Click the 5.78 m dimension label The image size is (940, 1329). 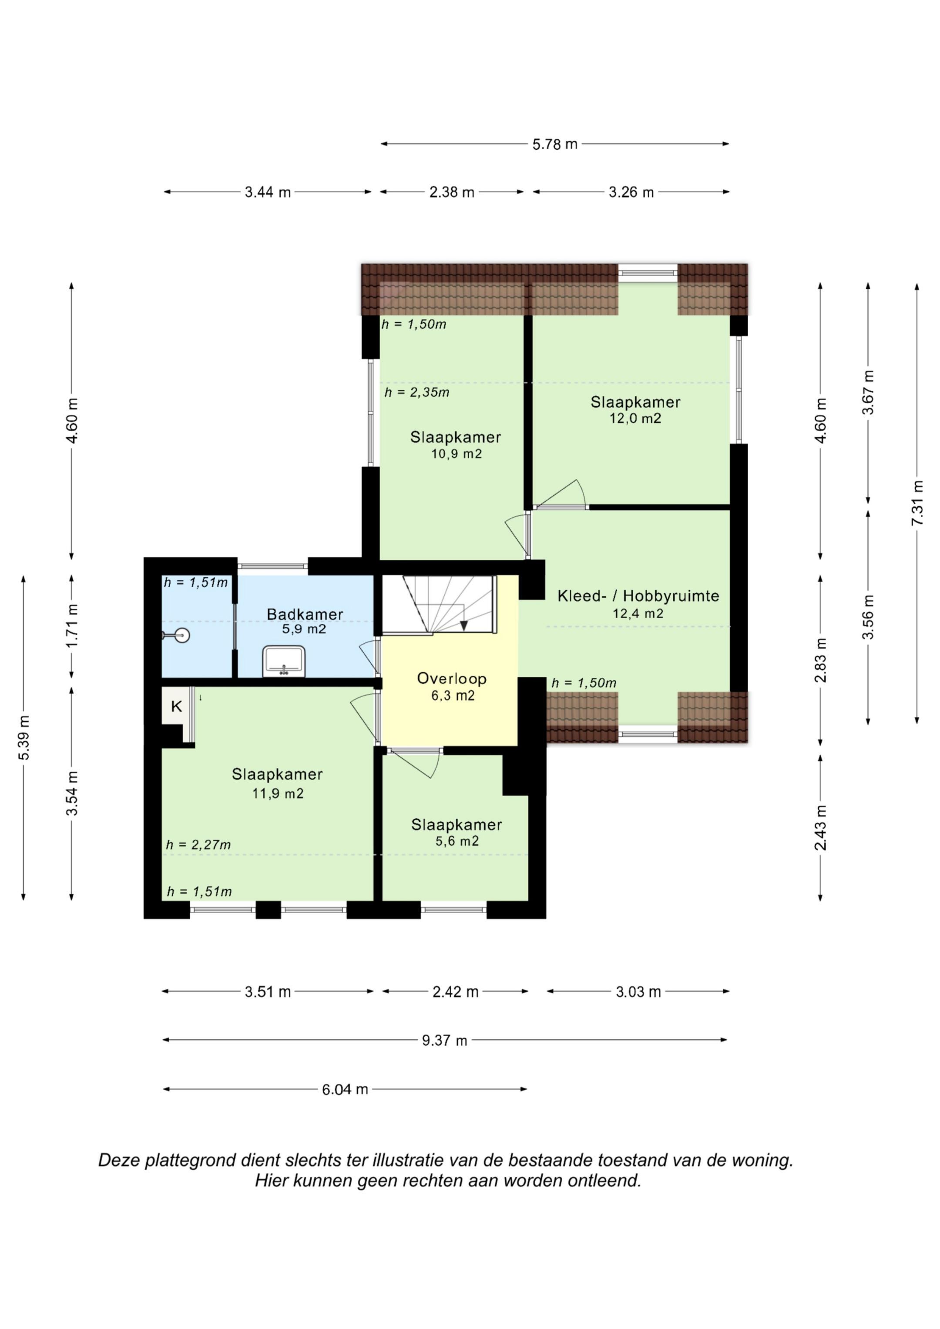coord(555,144)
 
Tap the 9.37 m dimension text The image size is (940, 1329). coord(444,1040)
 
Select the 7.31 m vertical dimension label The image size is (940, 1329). coord(917,503)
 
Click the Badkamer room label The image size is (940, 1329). coord(305,614)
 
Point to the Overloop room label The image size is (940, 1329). coord(452,678)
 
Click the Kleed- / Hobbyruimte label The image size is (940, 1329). coord(638,596)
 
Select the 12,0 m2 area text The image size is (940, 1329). coord(635,418)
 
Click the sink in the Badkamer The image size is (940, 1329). coord(284,661)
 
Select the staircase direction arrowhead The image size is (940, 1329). coord(463,625)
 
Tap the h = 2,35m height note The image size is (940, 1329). coord(417,392)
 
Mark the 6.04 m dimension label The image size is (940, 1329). coord(345,1089)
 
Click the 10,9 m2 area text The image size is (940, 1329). coord(457,454)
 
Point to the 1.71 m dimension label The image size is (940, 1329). coord(72,626)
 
